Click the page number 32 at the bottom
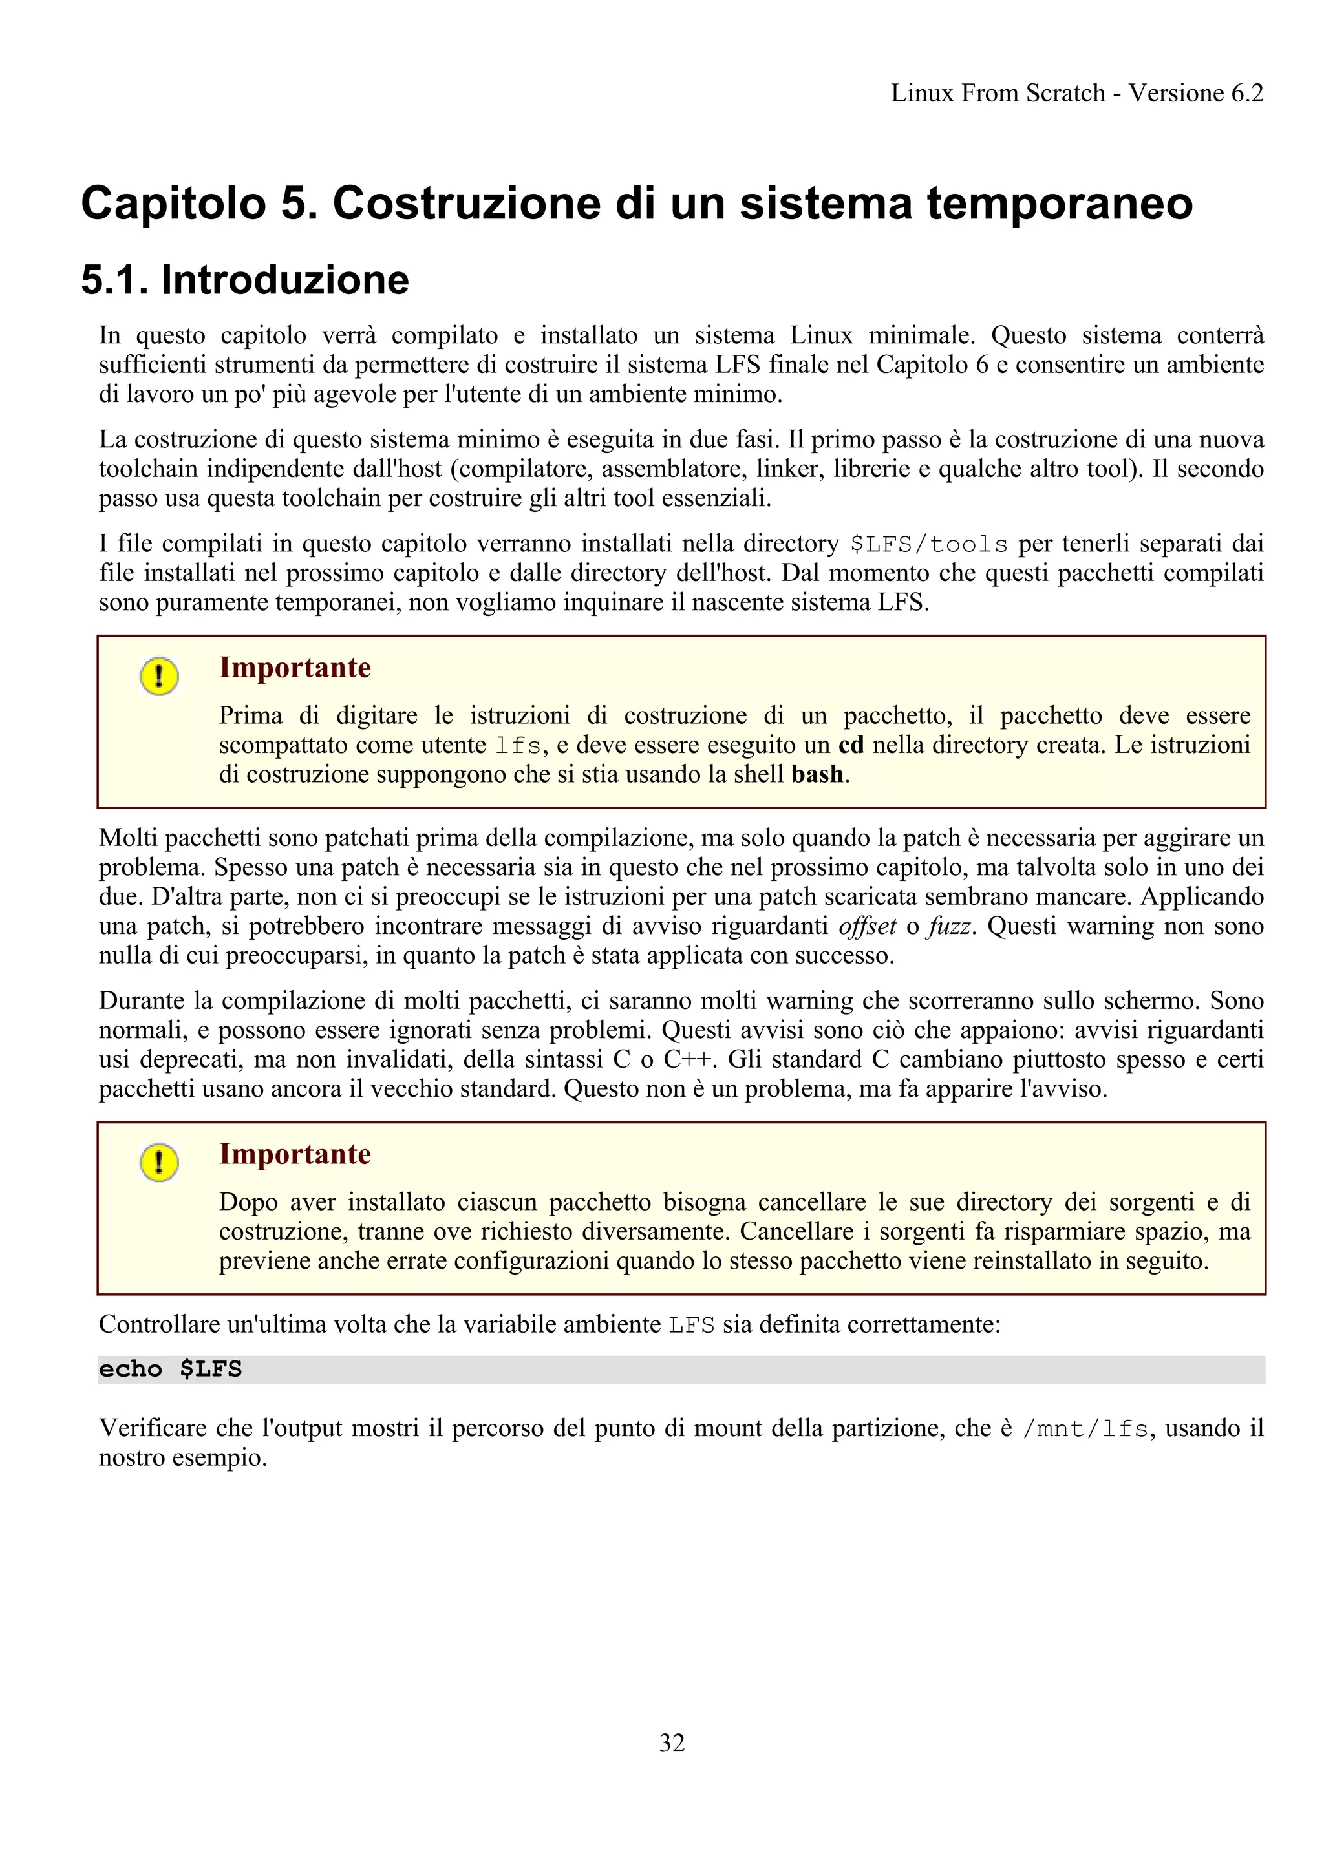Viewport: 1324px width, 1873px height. pos(672,1742)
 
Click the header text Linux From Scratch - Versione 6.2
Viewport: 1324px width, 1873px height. pos(1076,93)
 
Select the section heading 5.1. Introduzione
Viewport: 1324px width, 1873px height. pos(245,280)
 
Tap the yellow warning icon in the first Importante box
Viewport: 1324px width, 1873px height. pos(159,676)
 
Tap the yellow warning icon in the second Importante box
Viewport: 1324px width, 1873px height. pos(159,1163)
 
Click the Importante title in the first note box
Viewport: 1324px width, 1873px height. pos(295,667)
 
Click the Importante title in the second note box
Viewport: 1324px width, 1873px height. pos(295,1154)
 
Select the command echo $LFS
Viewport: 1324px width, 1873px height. pos(171,1370)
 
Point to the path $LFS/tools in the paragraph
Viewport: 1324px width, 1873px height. pos(928,544)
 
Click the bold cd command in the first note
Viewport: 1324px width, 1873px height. pos(851,745)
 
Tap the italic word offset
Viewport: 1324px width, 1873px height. pos(867,926)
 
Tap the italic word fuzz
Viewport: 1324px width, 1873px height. pos(950,926)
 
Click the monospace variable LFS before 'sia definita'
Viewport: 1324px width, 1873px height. pos(692,1325)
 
